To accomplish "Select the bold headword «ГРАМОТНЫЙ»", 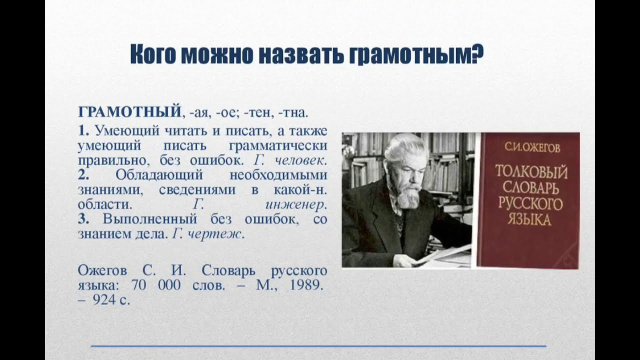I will (129, 111).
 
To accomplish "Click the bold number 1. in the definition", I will (83, 131).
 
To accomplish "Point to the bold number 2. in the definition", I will (83, 175).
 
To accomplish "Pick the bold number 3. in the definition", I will (83, 219).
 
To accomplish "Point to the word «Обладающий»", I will (159, 175).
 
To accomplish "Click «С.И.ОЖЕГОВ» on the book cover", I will (531, 147).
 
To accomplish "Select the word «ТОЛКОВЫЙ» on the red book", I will (531, 173).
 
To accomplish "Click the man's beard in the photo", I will (408, 196).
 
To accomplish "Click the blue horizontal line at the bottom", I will (318, 346).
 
